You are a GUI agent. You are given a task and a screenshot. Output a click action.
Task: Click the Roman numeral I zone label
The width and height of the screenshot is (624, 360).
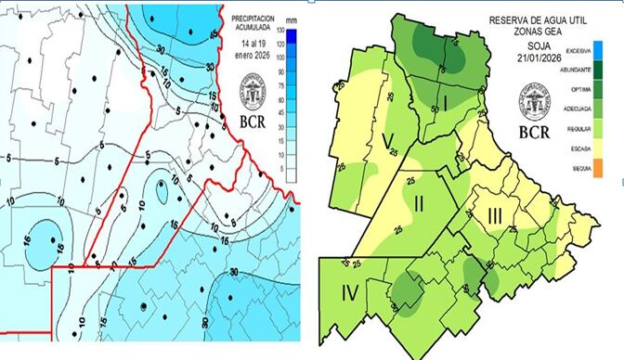point(445,102)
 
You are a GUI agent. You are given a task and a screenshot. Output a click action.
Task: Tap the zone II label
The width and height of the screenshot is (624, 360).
point(419,202)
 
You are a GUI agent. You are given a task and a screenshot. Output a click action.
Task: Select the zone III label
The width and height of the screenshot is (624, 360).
point(496,217)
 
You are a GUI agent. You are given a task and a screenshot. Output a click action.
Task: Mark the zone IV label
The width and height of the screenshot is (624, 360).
point(350,295)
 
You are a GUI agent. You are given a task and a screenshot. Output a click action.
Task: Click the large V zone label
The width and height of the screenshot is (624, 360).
point(386,141)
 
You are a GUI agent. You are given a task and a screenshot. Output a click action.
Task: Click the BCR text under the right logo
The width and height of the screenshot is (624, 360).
point(533,132)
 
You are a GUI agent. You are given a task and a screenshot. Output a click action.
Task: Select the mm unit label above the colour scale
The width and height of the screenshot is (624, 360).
point(290,18)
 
